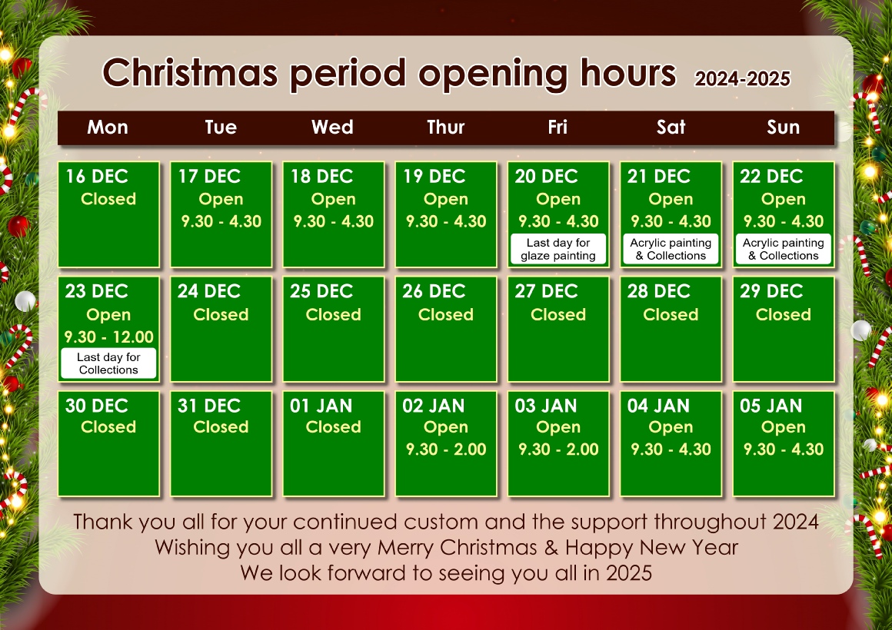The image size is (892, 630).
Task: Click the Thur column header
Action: (x=445, y=127)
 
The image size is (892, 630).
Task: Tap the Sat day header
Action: (x=671, y=127)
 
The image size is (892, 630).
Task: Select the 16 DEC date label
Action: (x=97, y=176)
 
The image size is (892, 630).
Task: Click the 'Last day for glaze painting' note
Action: (x=558, y=249)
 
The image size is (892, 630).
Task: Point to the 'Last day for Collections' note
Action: (x=108, y=363)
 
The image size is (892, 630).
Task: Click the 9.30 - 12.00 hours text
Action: (x=108, y=337)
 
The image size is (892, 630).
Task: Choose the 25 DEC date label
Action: (x=321, y=291)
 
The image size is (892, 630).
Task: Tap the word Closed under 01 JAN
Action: (x=334, y=427)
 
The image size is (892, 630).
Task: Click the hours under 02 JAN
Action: (x=446, y=449)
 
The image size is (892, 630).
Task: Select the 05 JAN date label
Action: (x=771, y=406)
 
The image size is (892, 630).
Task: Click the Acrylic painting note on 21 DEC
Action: (x=671, y=249)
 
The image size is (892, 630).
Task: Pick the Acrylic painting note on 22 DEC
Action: (x=784, y=249)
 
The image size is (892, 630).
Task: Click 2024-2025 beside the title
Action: (x=742, y=78)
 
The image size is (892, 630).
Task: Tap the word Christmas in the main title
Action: (x=190, y=73)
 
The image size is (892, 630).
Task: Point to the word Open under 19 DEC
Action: (x=445, y=199)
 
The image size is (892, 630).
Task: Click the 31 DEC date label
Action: (x=209, y=406)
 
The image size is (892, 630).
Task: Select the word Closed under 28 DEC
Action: (x=671, y=314)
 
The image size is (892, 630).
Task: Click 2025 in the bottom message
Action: (x=628, y=572)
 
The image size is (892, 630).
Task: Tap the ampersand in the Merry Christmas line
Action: (x=551, y=548)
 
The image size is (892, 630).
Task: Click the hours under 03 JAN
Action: (x=558, y=449)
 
